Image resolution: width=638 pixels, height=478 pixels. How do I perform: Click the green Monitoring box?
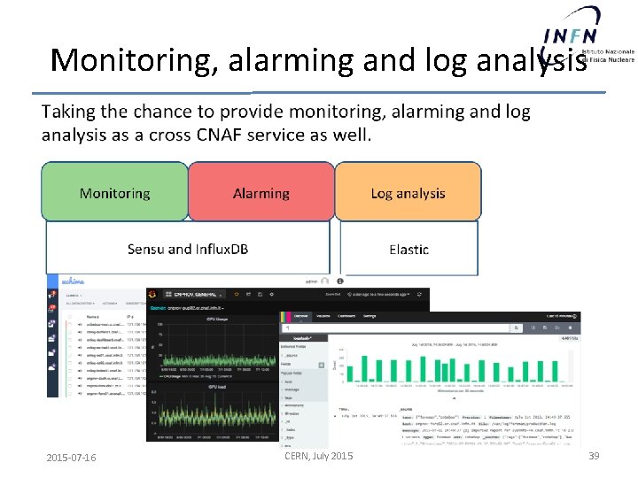(x=115, y=193)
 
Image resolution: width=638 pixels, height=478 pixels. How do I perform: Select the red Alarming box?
(x=261, y=193)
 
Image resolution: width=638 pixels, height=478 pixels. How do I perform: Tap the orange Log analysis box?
(x=408, y=193)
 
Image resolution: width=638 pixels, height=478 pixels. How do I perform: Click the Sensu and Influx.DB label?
(x=188, y=249)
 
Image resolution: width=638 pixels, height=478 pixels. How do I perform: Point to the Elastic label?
(x=408, y=250)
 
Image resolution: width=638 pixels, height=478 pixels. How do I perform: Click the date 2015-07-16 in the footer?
(x=72, y=457)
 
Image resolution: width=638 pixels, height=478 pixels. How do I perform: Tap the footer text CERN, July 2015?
(x=318, y=456)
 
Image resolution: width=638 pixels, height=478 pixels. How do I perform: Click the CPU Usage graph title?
(x=218, y=317)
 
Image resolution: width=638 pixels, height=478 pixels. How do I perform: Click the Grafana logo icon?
(x=155, y=294)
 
